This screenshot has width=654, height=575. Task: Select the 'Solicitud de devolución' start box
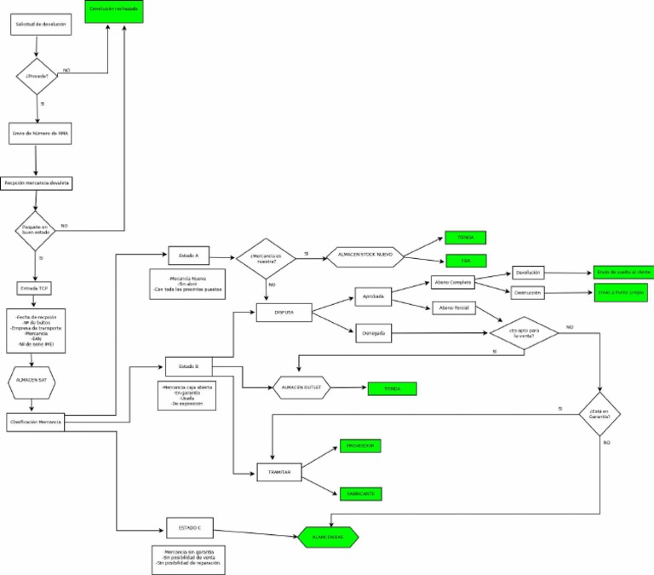pos(38,25)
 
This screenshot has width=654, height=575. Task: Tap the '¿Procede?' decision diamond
pos(37,75)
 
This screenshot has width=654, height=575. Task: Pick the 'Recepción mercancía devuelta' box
pos(37,183)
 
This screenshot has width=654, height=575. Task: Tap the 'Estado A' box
pos(188,256)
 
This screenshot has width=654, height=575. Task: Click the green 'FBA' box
pos(466,262)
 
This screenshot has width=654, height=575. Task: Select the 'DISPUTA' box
pos(284,313)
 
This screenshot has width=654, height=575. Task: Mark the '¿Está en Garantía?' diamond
pos(600,415)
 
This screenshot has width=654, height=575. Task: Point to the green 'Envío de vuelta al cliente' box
pos(622,273)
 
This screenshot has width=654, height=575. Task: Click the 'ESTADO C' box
pos(188,527)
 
